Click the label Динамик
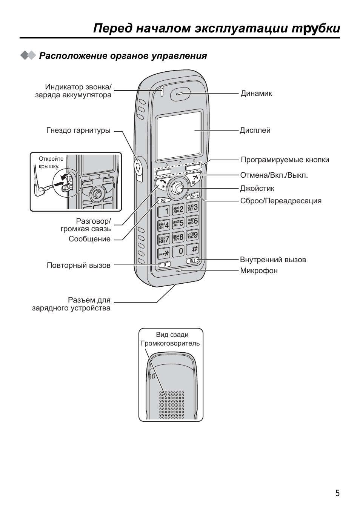pyautogui.click(x=256, y=93)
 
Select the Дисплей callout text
pyautogui.click(x=255, y=131)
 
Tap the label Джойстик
pyautogui.click(x=257, y=188)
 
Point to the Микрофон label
pyautogui.click(x=259, y=270)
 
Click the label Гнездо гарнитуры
pyautogui.click(x=78, y=131)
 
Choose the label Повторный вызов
pyautogui.click(x=78, y=265)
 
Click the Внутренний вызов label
pyautogui.click(x=273, y=260)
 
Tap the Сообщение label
pyautogui.click(x=89, y=239)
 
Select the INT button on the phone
pyautogui.click(x=192, y=261)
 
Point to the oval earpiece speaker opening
pyautogui.click(x=180, y=95)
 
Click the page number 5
pyautogui.click(x=337, y=493)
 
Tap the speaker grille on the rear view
pyautogui.click(x=171, y=405)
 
